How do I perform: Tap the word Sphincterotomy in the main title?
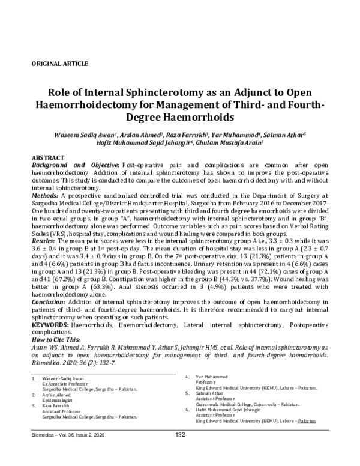[158, 94]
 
